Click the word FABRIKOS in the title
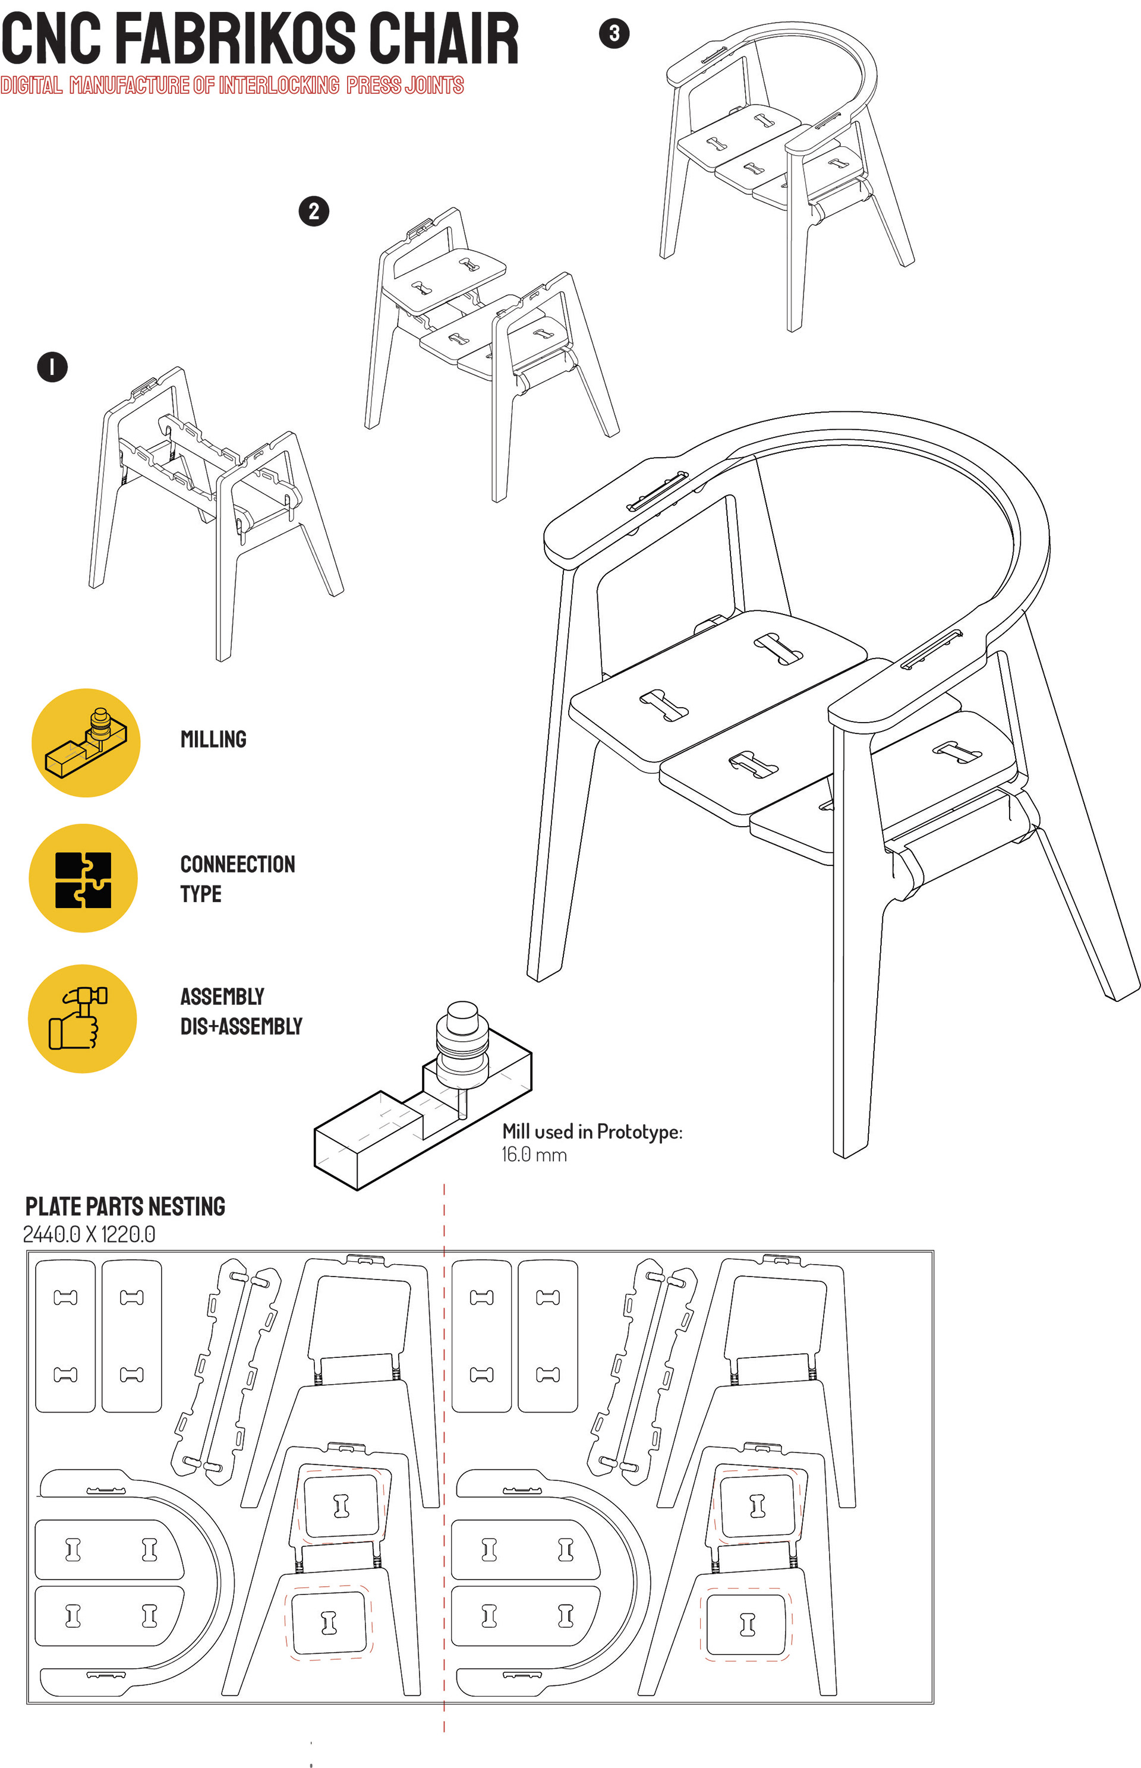(235, 39)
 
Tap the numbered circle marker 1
(52, 367)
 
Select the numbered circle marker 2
(313, 211)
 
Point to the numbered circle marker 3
(613, 33)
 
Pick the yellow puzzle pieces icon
(83, 878)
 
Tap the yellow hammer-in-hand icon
(82, 1018)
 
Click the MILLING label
(213, 739)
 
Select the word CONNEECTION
(238, 864)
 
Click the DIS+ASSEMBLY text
(241, 1026)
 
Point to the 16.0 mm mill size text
(534, 1155)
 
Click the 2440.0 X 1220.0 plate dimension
(89, 1234)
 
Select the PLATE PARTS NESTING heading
(125, 1206)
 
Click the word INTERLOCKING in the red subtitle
(279, 85)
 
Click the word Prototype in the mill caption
(639, 1132)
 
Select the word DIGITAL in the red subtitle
(31, 85)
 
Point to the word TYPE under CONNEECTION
(201, 894)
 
